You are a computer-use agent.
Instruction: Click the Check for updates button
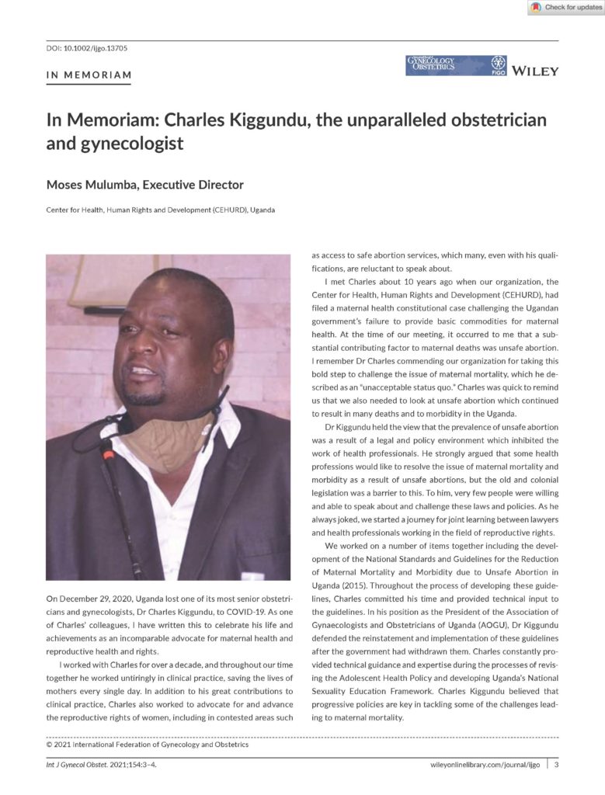click(x=565, y=8)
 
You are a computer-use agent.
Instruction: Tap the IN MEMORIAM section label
click(x=89, y=75)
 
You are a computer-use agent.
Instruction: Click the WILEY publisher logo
click(x=535, y=71)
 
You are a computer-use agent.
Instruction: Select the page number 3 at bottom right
click(x=555, y=765)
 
